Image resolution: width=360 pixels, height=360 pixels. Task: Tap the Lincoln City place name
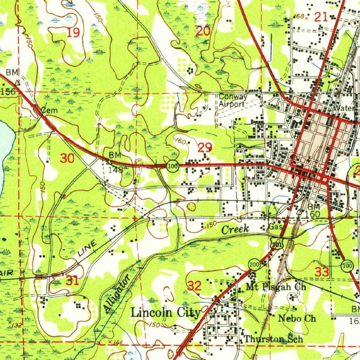[x=166, y=312]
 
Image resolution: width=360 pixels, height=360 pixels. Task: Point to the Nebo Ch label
[x=297, y=319]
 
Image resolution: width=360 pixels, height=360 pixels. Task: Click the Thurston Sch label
[x=274, y=339]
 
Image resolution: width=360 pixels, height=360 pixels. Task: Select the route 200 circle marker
[x=254, y=264]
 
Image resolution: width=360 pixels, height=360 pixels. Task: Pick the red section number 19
[x=73, y=33]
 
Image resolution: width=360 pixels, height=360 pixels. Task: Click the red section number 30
[x=67, y=159]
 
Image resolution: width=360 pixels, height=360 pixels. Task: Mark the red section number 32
[x=194, y=286]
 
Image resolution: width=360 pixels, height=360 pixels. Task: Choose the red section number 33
[x=322, y=272]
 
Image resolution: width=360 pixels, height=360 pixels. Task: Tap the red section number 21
[x=321, y=16]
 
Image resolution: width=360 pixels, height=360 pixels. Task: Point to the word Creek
[x=235, y=229]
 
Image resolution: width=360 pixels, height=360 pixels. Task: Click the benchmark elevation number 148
[x=115, y=170]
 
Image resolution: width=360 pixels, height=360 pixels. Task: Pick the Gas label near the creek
[x=275, y=227]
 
